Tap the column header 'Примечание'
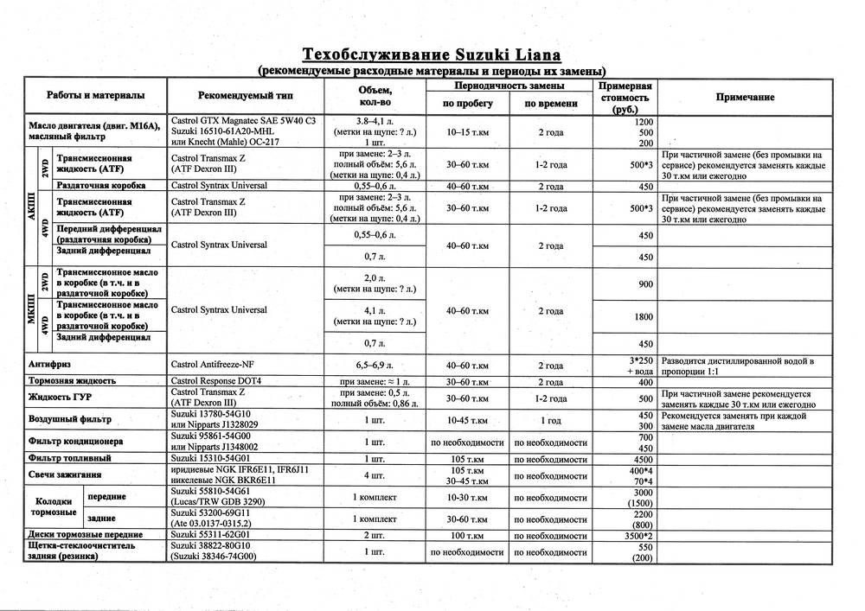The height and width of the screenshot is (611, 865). (x=745, y=98)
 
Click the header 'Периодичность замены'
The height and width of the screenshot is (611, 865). (x=509, y=86)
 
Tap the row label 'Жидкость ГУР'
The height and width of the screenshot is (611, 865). (x=60, y=397)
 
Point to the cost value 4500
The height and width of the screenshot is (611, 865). (x=643, y=459)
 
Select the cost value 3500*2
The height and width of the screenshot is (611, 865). (x=641, y=536)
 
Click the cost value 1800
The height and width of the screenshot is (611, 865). (x=643, y=317)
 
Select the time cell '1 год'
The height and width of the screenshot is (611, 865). (x=550, y=421)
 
